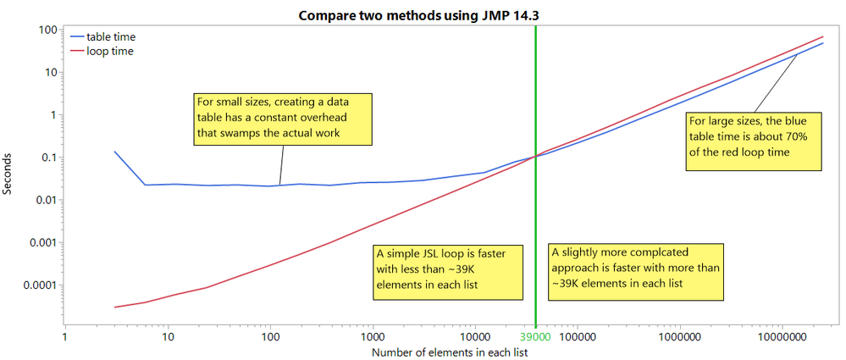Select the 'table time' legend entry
click(110, 36)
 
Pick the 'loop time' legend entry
click(109, 51)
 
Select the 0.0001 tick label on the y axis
click(37, 285)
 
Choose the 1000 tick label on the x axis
click(373, 337)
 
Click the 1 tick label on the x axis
click(66, 337)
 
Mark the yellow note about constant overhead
click(282, 118)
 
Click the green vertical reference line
click(536, 212)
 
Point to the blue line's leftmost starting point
click(115, 152)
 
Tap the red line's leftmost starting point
click(115, 307)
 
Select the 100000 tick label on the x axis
click(576, 337)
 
